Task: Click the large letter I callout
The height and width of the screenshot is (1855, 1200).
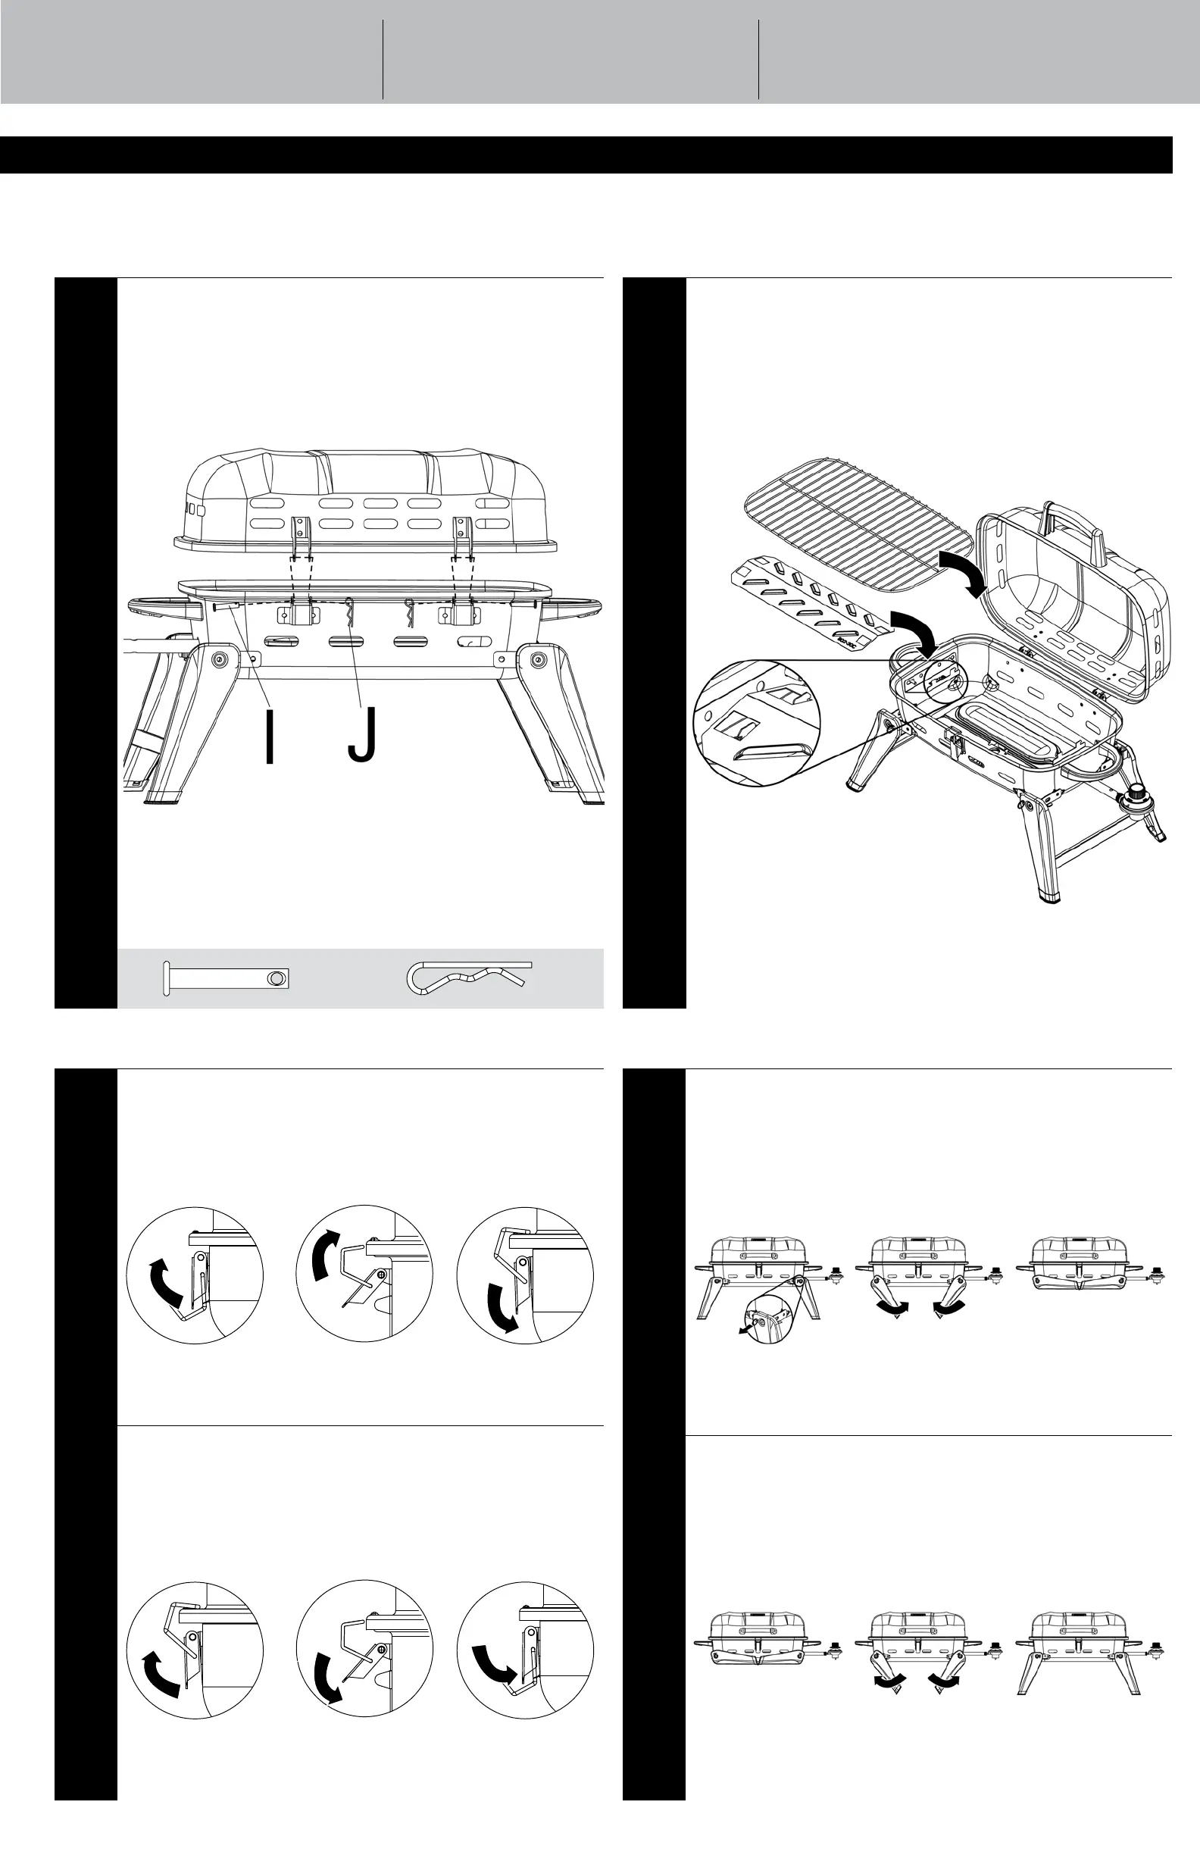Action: pyautogui.click(x=270, y=735)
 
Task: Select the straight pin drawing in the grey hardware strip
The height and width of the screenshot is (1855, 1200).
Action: pyautogui.click(x=226, y=978)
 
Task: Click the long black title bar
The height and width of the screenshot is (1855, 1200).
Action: pyautogui.click(x=586, y=155)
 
